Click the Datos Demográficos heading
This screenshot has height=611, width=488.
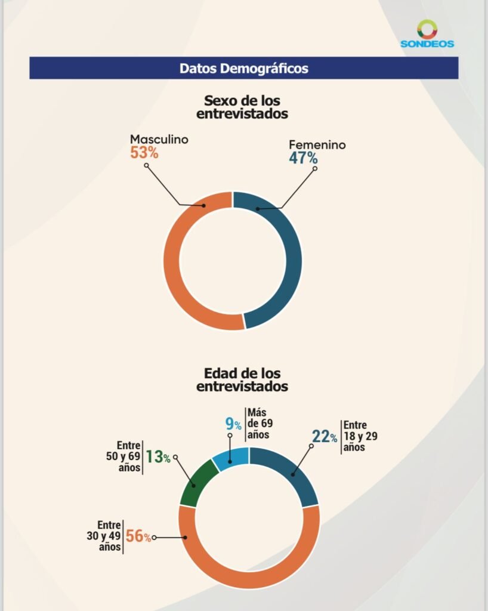coord(244,68)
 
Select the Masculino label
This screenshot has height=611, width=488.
coord(159,140)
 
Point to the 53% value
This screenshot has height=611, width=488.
coord(144,153)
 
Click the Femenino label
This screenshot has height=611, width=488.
coord(317,145)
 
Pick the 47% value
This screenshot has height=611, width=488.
coord(303,159)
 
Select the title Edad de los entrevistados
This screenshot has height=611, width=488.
coord(242,379)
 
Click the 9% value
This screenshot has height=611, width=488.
coord(233,425)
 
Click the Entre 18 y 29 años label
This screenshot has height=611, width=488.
coord(360,437)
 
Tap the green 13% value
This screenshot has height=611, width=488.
coord(158,458)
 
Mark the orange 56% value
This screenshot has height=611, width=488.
coord(138,536)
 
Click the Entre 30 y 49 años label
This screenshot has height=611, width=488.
coord(106,536)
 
